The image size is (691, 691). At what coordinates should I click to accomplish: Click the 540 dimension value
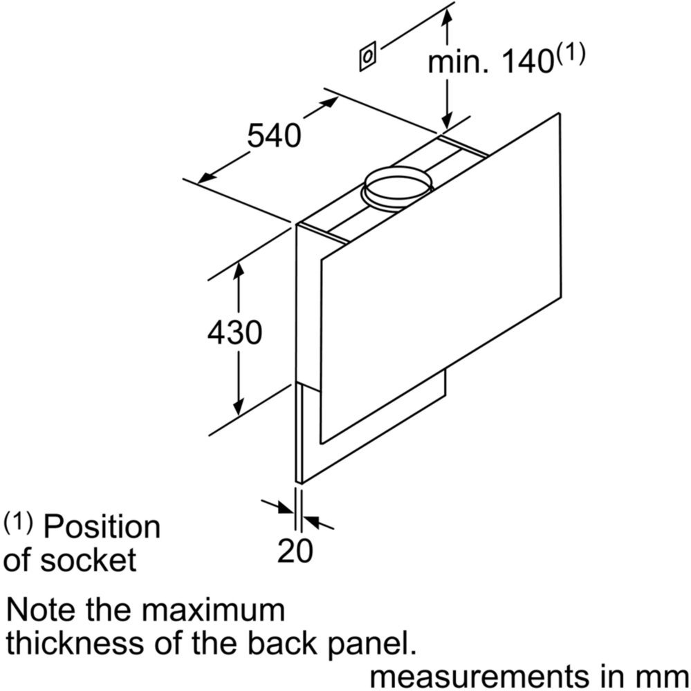[274, 135]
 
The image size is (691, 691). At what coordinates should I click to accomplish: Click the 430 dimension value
[234, 332]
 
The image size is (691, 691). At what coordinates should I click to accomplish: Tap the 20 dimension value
[295, 551]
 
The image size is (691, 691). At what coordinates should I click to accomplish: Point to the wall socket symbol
[367, 56]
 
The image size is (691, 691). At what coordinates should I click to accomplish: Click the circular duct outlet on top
[397, 189]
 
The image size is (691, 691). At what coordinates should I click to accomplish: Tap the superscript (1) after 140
[570, 53]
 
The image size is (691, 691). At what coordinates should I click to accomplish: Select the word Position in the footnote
[102, 527]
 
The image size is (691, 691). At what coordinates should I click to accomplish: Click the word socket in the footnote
[89, 560]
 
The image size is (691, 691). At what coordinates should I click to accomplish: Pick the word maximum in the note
[213, 610]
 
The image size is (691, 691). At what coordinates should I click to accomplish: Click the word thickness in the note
[75, 643]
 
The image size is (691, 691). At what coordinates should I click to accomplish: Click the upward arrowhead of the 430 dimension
[238, 269]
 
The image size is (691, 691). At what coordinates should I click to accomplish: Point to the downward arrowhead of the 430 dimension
[238, 408]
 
